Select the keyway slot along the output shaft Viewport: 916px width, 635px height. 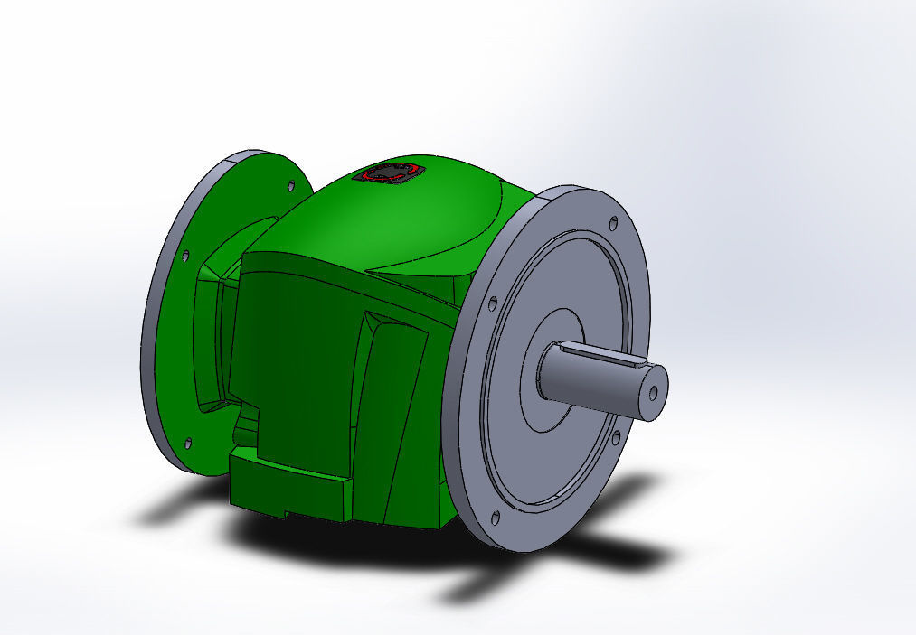pyautogui.click(x=598, y=355)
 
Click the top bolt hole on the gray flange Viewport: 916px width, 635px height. pyautogui.click(x=614, y=222)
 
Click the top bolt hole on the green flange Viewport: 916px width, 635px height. pyautogui.click(x=291, y=186)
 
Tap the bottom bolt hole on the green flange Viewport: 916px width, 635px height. pyautogui.click(x=188, y=443)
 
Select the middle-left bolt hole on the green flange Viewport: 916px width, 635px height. pyautogui.click(x=186, y=256)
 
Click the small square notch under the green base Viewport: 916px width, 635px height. pyautogui.click(x=288, y=515)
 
